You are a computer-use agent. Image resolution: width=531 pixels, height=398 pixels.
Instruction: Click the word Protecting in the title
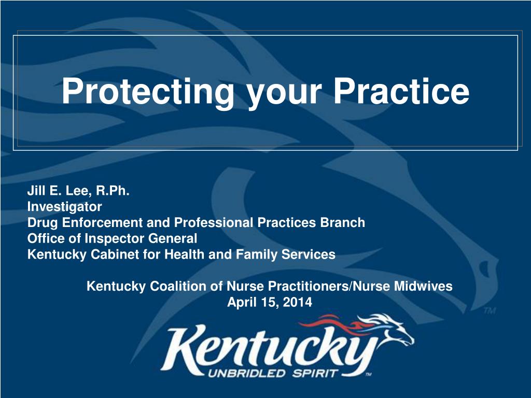tap(148, 92)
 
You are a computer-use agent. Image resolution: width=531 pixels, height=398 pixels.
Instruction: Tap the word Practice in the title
tap(401, 91)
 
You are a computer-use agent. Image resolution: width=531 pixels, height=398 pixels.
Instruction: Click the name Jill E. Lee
tap(59, 191)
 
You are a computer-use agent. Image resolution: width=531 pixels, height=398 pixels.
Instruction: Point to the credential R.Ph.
tap(113, 191)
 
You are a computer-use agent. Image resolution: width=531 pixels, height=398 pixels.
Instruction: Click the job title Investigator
tap(65, 207)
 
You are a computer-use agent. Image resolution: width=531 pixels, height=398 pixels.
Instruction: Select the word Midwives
tap(423, 286)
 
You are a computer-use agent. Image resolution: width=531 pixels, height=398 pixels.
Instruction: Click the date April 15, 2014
tap(270, 302)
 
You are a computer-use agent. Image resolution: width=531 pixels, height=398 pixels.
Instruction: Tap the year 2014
tap(297, 302)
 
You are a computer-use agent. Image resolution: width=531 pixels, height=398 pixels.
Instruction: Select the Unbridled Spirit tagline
tap(273, 374)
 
